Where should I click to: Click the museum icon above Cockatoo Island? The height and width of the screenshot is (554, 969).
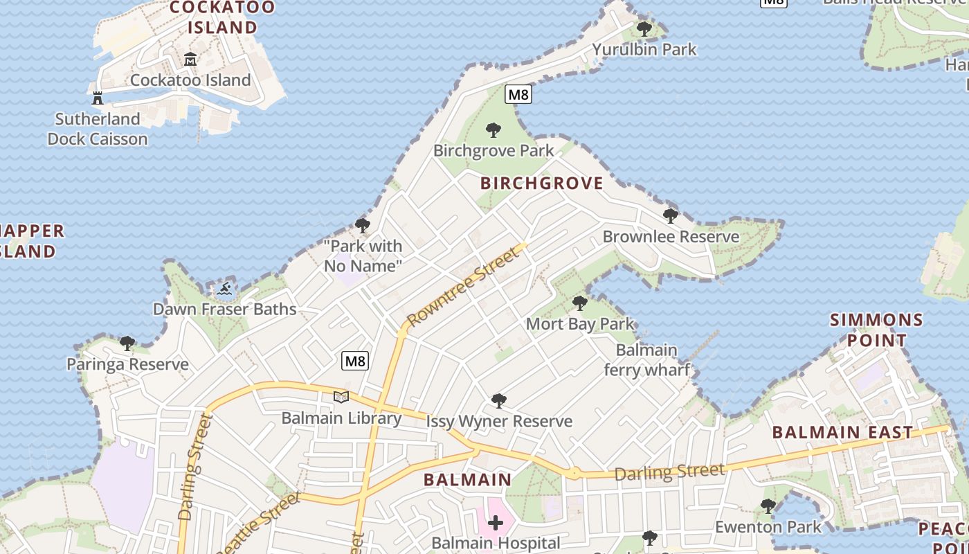(190, 60)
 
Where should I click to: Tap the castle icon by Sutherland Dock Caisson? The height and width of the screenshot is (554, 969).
(98, 98)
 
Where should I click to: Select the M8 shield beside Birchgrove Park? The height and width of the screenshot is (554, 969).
(518, 94)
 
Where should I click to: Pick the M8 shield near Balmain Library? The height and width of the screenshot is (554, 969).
(355, 361)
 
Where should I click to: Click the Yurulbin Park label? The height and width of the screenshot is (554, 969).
(644, 49)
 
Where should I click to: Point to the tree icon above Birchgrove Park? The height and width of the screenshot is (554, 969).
(493, 129)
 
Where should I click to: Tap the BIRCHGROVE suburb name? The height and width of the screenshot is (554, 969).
(541, 184)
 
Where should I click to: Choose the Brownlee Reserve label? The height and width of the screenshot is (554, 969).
(671, 236)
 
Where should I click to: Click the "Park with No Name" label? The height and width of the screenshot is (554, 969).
(363, 256)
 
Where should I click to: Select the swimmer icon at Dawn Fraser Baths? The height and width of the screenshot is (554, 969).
(224, 288)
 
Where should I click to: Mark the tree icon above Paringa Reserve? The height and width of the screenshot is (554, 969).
(127, 343)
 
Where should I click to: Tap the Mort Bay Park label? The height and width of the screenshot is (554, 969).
(580, 323)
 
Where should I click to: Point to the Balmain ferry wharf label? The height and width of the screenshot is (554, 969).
(646, 359)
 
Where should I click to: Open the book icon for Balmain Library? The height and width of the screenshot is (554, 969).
(341, 397)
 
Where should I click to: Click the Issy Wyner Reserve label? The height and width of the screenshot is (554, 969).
(499, 421)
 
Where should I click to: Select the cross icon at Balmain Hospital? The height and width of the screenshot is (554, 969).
(496, 523)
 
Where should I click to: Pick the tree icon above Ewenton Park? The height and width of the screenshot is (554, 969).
(768, 506)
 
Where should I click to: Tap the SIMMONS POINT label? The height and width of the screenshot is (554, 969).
(876, 330)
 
